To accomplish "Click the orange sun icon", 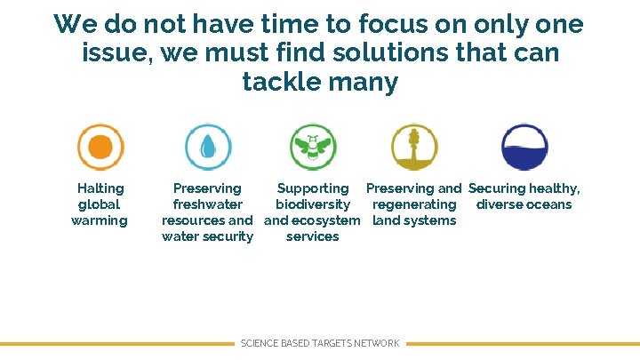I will coord(100,147).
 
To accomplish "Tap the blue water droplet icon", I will coord(208,147).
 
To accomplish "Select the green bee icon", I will coord(313,147).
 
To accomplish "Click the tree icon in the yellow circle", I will coord(415,147).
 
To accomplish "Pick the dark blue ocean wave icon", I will coord(524,147).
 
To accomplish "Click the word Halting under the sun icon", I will coord(100,188).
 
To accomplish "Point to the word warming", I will coord(100,220).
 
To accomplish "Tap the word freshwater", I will coord(207,204).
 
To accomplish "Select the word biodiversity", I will coord(313,204).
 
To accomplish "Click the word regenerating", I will coord(414,204).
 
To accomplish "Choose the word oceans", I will coord(551,204).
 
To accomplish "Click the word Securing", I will coord(497,188).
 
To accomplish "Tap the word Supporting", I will coord(313,188).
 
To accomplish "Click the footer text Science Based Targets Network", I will coord(320,343).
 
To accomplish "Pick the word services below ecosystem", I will coord(313,236).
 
